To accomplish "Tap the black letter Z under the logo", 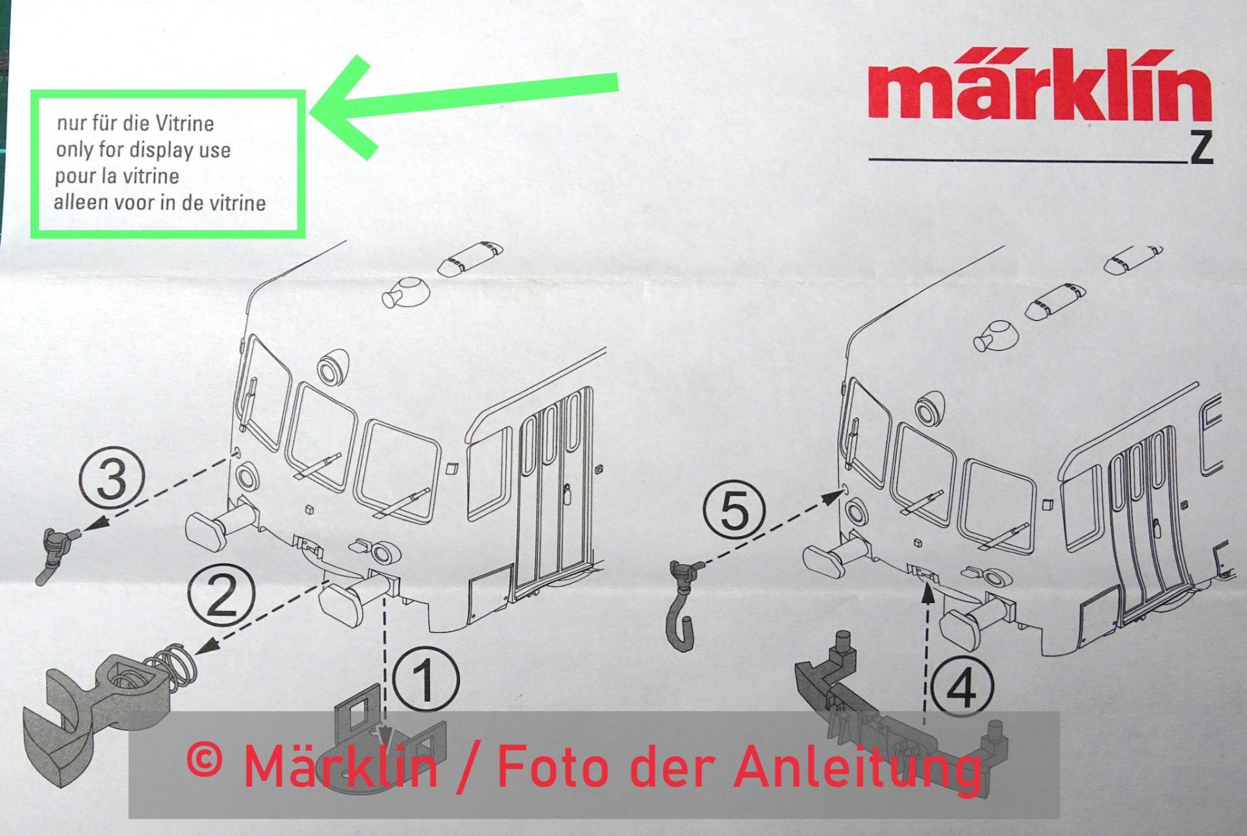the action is point(1202,147).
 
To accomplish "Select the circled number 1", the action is point(426,679).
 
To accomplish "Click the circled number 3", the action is point(112,479).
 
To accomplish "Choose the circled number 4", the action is point(962,686).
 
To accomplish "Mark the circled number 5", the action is point(735,511).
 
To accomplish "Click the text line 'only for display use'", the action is point(144,150).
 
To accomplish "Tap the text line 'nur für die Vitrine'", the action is point(135,123).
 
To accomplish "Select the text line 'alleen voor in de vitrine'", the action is point(160,203).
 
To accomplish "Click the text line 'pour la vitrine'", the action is point(117,176).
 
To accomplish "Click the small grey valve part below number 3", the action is point(57,553).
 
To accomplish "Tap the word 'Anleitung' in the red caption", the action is point(858,768).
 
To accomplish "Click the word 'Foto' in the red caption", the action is point(551,766).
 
